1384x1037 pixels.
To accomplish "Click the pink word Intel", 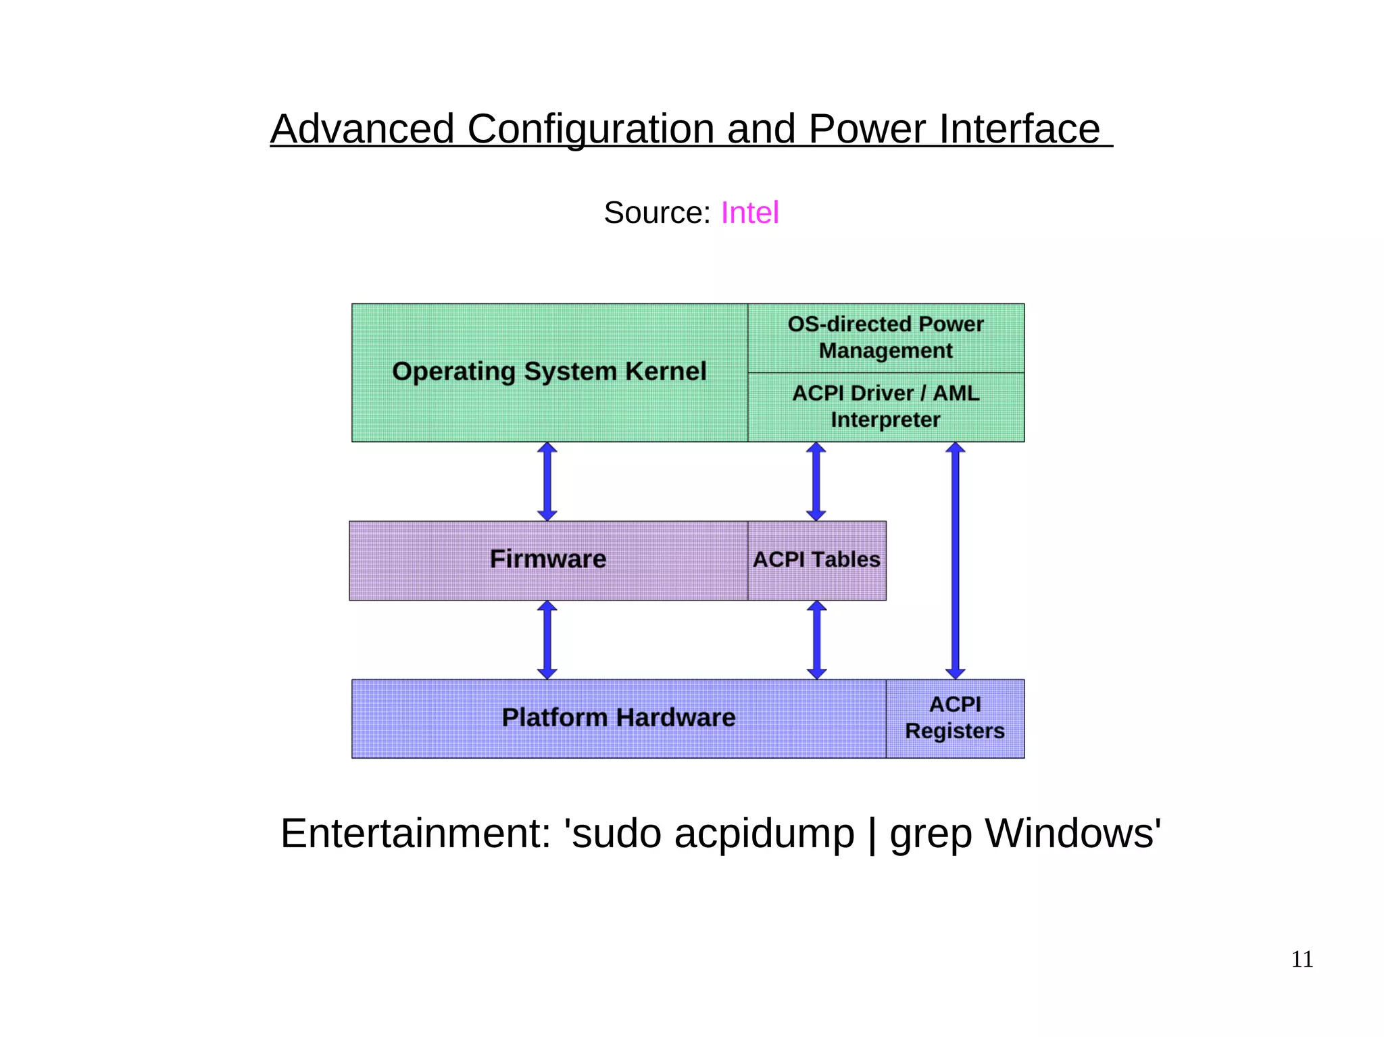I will point(749,213).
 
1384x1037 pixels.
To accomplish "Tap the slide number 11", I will point(1302,959).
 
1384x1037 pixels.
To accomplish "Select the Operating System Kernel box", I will point(549,372).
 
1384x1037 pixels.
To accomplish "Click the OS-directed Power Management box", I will point(885,338).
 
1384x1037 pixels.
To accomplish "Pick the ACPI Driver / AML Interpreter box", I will point(885,407).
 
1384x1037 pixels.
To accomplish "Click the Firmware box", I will point(547,560).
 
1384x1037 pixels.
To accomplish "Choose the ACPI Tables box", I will point(816,560).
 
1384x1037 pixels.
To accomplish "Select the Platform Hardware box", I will point(618,718).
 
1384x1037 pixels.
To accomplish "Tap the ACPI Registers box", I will point(954,718).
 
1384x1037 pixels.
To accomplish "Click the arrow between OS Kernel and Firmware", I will point(547,481).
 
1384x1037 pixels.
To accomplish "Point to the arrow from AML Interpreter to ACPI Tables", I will point(816,481).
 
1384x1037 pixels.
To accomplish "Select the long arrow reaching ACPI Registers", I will point(955,561).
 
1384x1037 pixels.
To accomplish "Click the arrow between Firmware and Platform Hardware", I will point(547,640).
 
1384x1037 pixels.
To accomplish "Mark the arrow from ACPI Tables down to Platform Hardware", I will point(816,640).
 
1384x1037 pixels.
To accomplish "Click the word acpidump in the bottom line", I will point(764,834).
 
